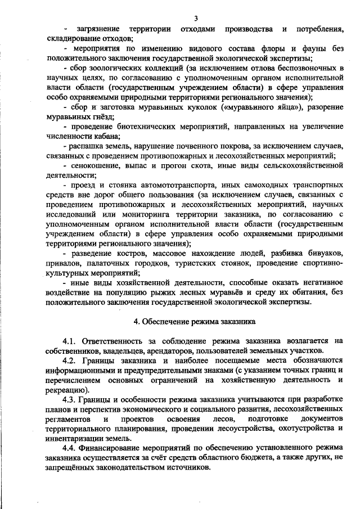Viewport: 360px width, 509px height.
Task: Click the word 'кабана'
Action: point(104,137)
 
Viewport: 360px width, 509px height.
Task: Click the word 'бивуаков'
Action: point(325,254)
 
